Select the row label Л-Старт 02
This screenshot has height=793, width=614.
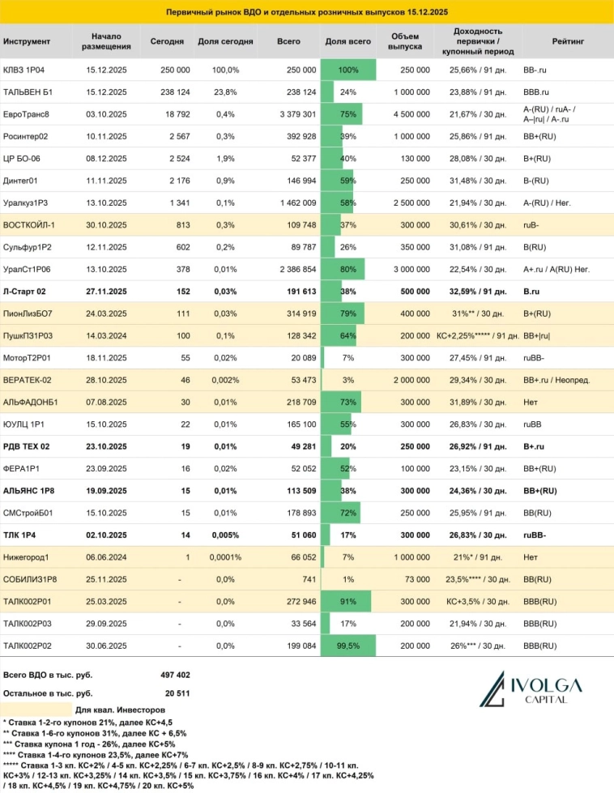[x=25, y=290]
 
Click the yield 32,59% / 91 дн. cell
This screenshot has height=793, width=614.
[x=477, y=290]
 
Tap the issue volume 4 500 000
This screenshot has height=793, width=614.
[x=410, y=113]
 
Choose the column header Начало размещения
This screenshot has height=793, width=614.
[x=106, y=41]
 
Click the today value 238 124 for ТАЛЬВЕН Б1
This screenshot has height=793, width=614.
[x=171, y=92]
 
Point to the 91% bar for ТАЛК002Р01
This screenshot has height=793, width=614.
[x=347, y=600]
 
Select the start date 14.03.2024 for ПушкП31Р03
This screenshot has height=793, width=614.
[x=106, y=335]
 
